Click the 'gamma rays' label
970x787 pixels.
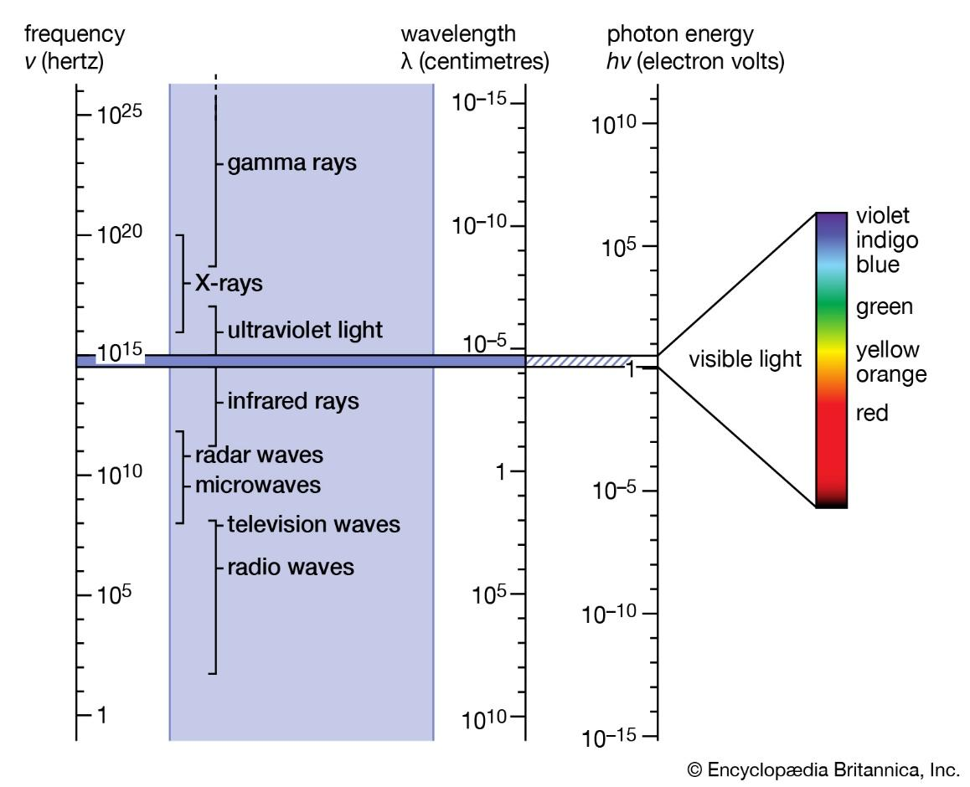tap(292, 162)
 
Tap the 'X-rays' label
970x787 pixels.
tap(228, 283)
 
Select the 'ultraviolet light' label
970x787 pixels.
tap(305, 330)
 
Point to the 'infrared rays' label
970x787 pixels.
tap(293, 401)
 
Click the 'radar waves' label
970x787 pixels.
tap(259, 455)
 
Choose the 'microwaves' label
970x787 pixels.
tap(257, 485)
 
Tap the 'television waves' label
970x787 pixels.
tap(313, 525)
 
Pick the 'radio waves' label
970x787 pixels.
tap(291, 567)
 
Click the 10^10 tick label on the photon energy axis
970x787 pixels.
tap(616, 125)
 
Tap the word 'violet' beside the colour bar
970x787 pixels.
tap(883, 217)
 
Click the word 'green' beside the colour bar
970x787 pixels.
tap(884, 307)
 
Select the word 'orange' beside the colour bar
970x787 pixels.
tap(891, 374)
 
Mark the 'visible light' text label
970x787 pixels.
tap(745, 360)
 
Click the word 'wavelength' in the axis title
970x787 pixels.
tap(457, 34)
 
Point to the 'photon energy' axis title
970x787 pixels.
tap(680, 34)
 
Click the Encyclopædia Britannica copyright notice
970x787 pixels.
tap(822, 769)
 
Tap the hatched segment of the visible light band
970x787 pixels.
tap(578, 361)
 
